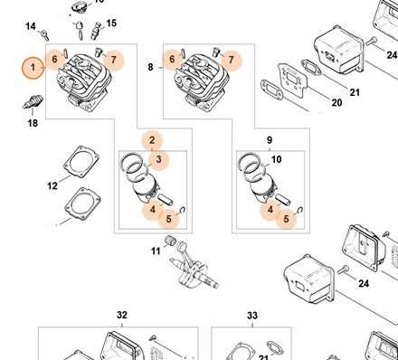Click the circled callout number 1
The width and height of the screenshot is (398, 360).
click(33, 67)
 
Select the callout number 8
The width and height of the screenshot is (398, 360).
click(150, 67)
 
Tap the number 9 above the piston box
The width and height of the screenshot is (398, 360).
click(270, 140)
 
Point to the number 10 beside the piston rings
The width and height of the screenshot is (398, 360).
click(277, 159)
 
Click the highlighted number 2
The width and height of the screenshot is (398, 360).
click(152, 140)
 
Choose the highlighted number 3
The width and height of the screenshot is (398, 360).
click(159, 159)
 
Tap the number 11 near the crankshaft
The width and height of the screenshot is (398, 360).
click(156, 251)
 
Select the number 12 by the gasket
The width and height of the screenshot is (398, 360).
click(52, 185)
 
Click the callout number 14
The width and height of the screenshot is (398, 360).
click(31, 26)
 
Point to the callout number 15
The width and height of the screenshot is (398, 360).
click(111, 23)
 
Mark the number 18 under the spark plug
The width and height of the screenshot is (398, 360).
click(33, 123)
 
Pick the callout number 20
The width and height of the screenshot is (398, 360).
click(336, 102)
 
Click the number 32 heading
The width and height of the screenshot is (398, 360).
click(122, 315)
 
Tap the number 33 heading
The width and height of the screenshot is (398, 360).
click(252, 316)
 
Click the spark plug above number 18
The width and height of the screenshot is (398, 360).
click(33, 102)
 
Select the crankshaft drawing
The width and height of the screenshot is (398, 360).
click(194, 265)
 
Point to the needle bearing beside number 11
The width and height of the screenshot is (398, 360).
click(170, 241)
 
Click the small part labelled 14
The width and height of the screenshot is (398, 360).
click(45, 35)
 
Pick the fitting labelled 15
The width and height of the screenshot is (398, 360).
click(96, 31)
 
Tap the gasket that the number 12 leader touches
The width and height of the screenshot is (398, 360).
click(81, 162)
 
